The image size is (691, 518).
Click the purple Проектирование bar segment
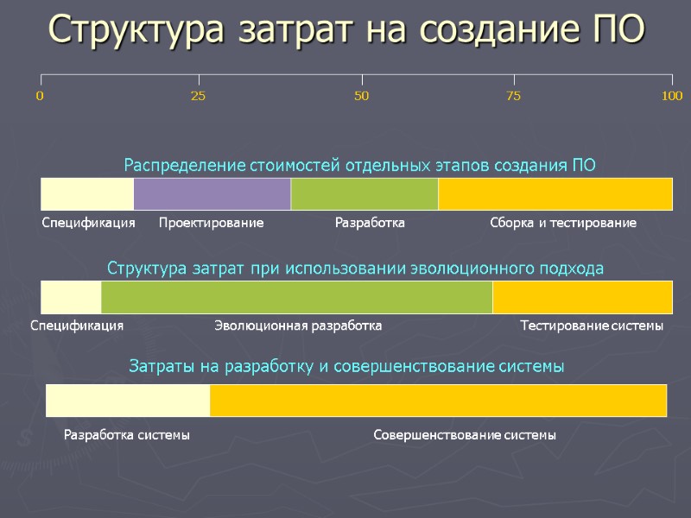click(212, 193)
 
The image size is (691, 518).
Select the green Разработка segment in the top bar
click(365, 193)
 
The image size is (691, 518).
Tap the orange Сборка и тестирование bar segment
click(555, 193)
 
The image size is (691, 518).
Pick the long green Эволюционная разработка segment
click(296, 297)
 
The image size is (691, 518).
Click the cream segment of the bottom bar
click(128, 401)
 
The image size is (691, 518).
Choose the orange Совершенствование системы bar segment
click(438, 401)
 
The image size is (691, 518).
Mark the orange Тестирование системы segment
click(581, 297)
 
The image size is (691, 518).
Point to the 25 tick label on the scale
click(198, 96)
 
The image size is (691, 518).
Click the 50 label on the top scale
click(361, 96)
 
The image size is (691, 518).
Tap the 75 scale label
click(513, 96)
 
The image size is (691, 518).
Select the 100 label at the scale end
click(671, 96)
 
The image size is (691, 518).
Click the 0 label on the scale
click(40, 96)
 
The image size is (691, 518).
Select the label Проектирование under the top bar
click(212, 223)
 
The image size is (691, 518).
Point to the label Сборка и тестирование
click(562, 223)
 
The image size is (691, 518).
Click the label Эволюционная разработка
click(297, 326)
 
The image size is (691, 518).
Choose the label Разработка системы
click(127, 435)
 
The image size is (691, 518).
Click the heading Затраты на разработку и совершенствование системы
click(346, 367)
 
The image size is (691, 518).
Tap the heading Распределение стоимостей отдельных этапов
click(360, 165)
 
